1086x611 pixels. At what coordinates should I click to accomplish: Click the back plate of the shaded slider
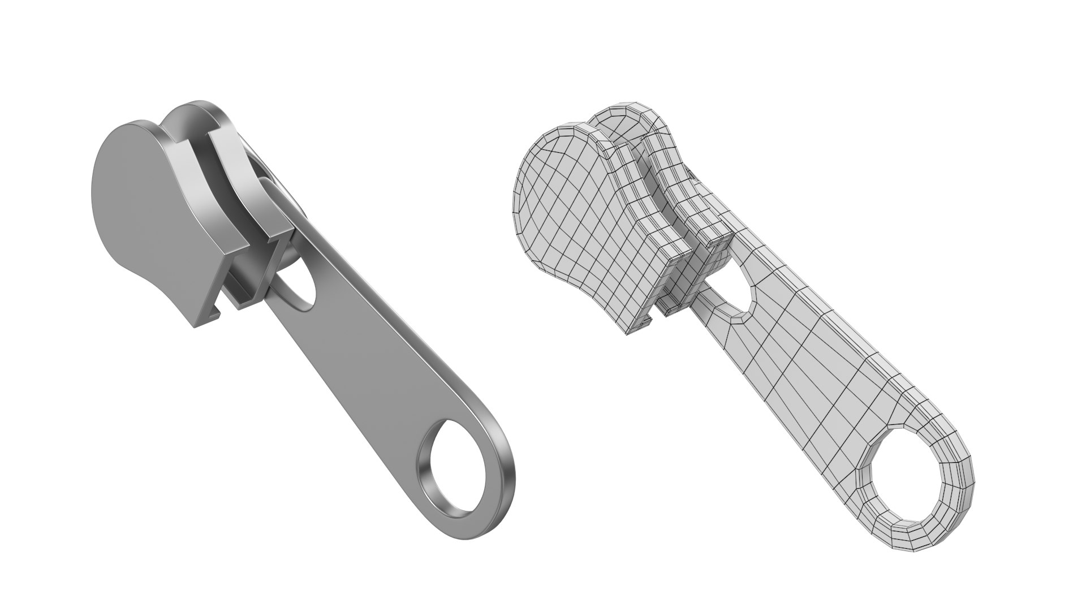[232, 170]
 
